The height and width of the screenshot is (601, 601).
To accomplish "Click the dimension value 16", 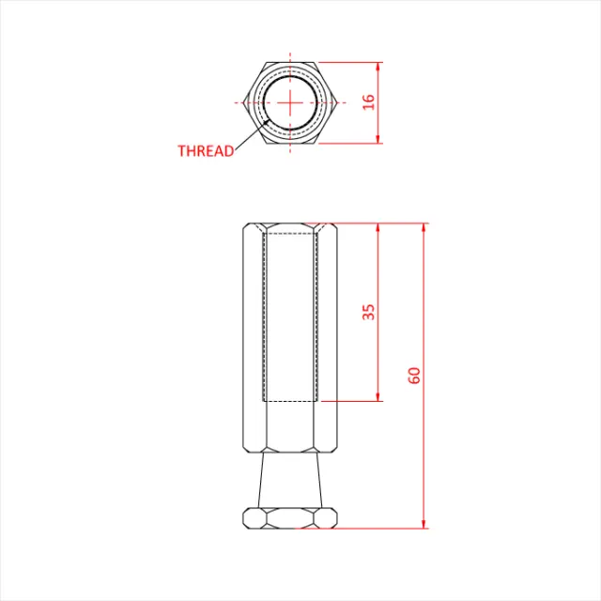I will pos(369,102).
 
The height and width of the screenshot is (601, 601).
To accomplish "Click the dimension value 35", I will pos(369,312).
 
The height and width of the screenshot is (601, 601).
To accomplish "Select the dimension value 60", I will pos(414,375).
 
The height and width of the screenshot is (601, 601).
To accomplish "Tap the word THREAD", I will pos(206,150).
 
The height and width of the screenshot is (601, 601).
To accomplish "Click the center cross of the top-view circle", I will pos(291,101).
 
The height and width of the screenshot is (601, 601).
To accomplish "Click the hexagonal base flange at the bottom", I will pos(290,517).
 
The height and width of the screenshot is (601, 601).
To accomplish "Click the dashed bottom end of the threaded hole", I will pos(291,401).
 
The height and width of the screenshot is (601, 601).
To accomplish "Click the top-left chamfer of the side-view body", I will pos(247,227).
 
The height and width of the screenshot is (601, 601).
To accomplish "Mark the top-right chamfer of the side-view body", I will pos(333,227).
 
